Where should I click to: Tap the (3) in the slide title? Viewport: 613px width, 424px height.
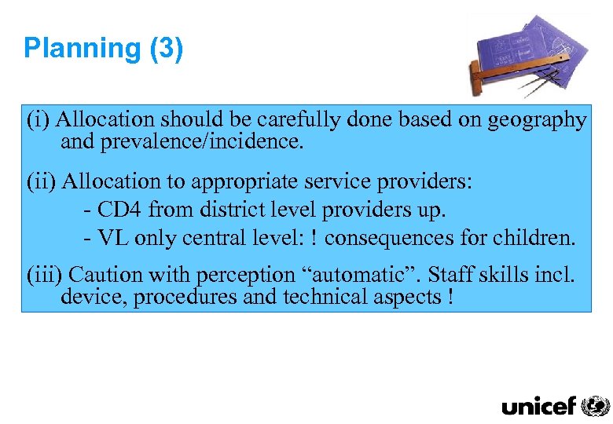tap(166, 49)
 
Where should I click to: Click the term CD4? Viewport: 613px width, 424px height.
tap(120, 210)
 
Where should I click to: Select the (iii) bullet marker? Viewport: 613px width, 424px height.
tap(46, 276)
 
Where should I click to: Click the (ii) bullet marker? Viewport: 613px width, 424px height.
tap(42, 181)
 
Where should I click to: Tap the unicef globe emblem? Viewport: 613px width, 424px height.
tap(595, 405)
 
